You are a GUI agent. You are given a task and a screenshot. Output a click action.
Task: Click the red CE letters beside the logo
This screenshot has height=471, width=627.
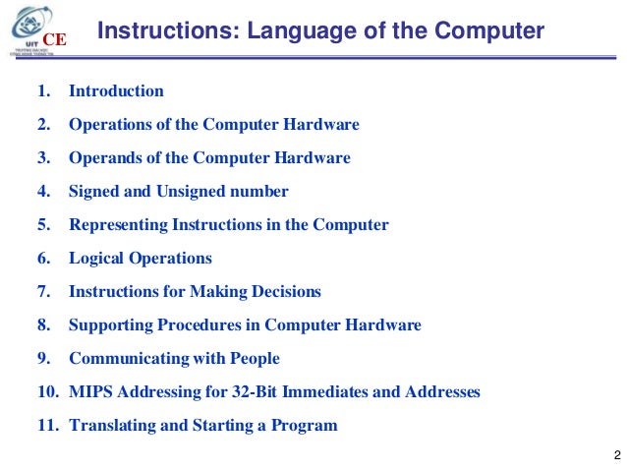pyautogui.click(x=58, y=39)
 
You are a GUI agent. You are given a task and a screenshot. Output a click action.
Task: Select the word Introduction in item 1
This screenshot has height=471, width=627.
pyautogui.click(x=116, y=91)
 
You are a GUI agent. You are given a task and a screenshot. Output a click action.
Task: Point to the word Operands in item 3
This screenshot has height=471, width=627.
pyautogui.click(x=100, y=158)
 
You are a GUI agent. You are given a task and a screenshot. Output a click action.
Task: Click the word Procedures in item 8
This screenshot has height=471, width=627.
pyautogui.click(x=183, y=325)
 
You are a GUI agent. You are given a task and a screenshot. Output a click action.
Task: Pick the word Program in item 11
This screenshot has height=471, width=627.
pyautogui.click(x=303, y=426)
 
